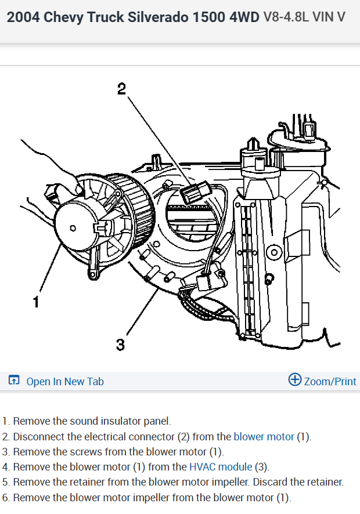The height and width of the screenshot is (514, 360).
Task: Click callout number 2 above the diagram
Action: click(x=121, y=89)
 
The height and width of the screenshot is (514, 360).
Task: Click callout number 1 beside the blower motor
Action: click(x=36, y=302)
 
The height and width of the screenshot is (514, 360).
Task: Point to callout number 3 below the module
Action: click(x=120, y=345)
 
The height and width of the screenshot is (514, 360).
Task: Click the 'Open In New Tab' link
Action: click(x=65, y=381)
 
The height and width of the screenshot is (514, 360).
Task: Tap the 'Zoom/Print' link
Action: click(x=330, y=381)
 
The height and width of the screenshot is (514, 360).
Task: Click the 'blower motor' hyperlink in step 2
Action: click(x=264, y=437)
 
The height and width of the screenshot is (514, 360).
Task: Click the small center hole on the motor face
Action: click(x=73, y=228)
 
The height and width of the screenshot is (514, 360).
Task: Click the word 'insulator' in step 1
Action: click(x=118, y=421)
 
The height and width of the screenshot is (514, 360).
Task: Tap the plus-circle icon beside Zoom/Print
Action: click(x=295, y=380)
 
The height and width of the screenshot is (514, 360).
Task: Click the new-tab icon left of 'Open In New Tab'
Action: click(x=14, y=381)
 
